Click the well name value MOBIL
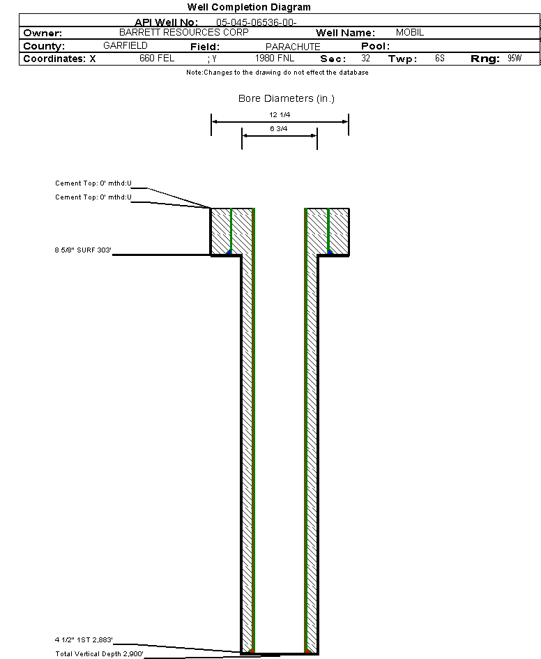(x=409, y=33)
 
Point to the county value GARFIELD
(x=125, y=45)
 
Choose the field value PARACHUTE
(x=293, y=47)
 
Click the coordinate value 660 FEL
(x=157, y=59)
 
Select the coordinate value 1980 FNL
(x=275, y=59)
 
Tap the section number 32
(x=365, y=59)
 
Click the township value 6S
(x=439, y=59)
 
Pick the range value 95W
(x=515, y=59)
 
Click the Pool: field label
(x=375, y=46)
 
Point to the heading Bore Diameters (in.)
(x=287, y=98)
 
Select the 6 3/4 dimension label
(x=279, y=129)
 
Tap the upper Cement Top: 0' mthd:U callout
(x=93, y=183)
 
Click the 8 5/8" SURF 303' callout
(x=83, y=250)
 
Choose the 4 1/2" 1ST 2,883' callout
(x=84, y=639)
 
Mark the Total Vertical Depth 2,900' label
(x=100, y=653)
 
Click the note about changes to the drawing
(x=277, y=73)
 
